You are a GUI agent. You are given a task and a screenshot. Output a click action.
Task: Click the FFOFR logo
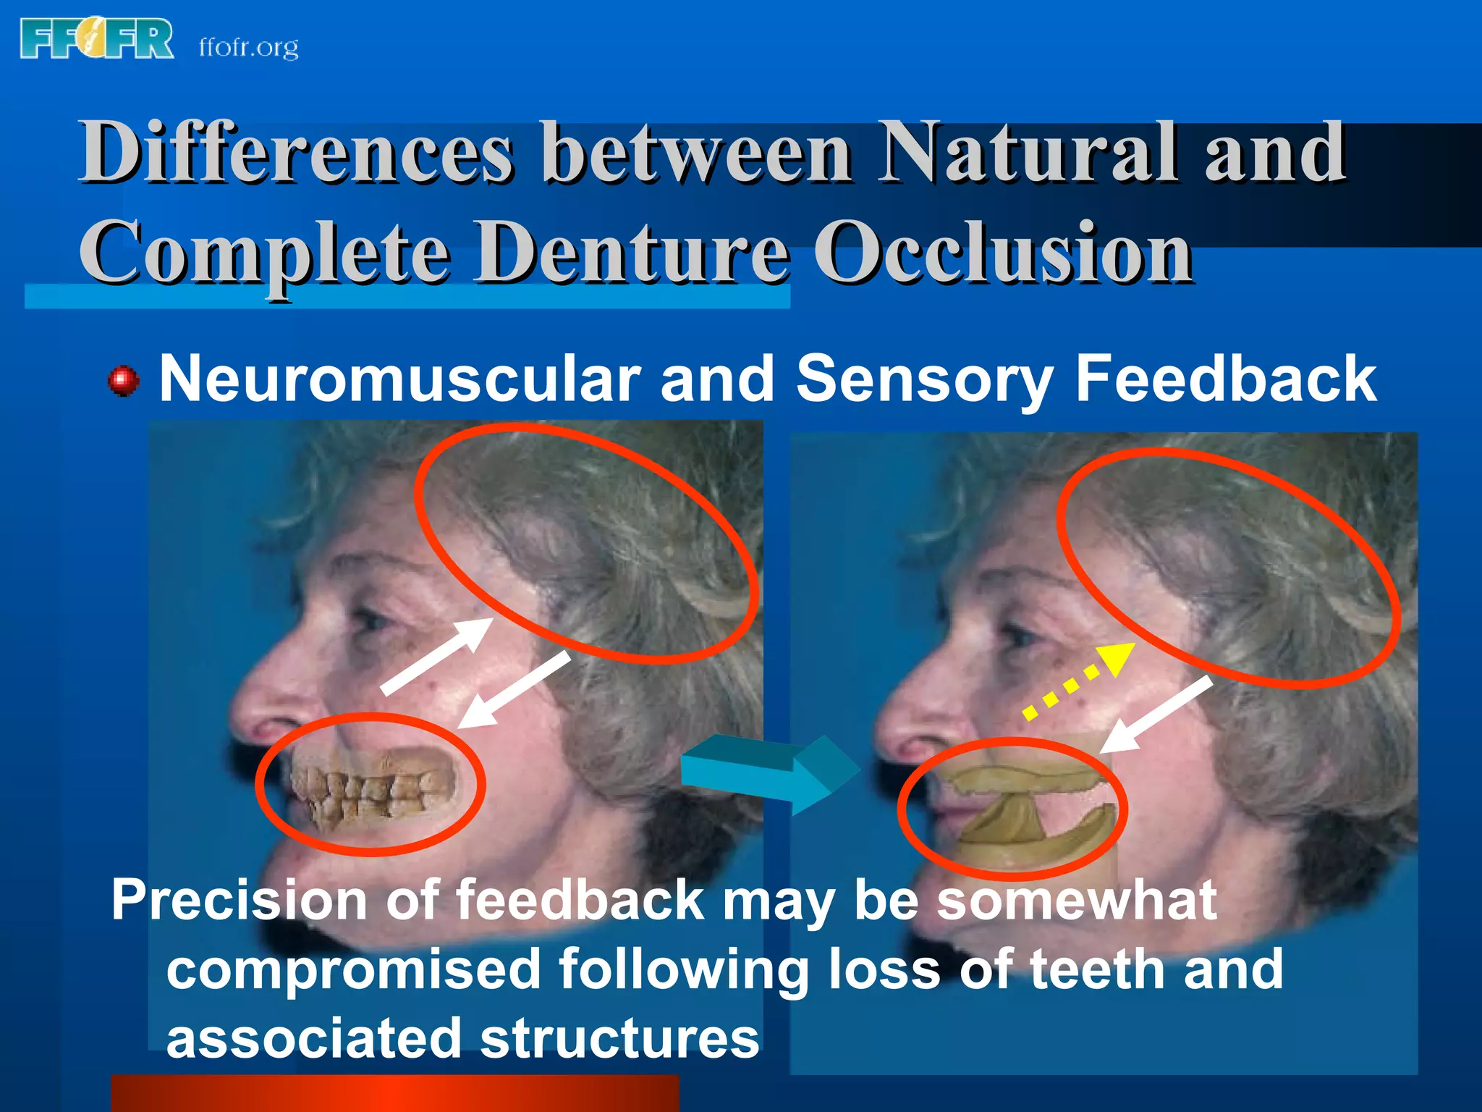tap(97, 39)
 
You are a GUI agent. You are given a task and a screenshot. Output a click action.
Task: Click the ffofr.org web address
tap(248, 48)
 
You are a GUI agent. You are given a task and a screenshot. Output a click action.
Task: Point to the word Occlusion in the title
tap(1003, 253)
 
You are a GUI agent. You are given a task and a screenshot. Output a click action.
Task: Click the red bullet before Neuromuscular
tap(123, 381)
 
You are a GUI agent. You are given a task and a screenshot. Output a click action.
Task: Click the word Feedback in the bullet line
tap(1225, 379)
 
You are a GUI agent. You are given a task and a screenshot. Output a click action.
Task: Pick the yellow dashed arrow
tap(1078, 681)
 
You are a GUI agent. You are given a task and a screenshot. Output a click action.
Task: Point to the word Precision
tap(239, 901)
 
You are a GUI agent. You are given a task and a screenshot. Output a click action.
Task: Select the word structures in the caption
tap(619, 1038)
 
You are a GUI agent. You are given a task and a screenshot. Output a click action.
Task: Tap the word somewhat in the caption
tap(1076, 901)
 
